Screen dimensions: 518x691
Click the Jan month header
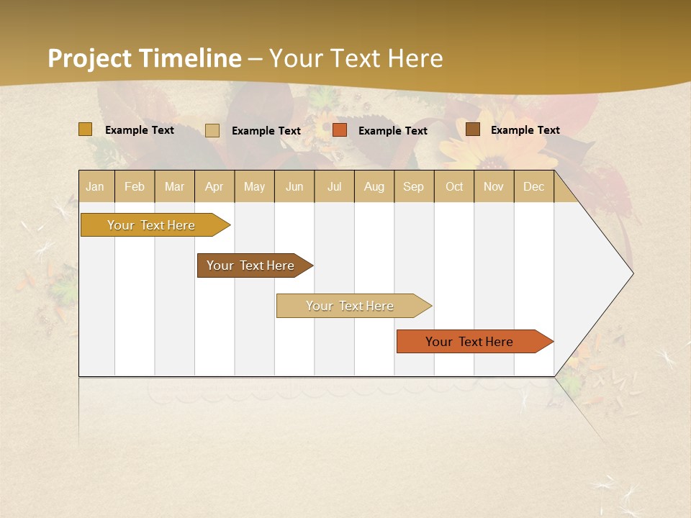point(95,186)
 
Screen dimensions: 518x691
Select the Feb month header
point(135,186)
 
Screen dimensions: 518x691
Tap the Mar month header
point(174,186)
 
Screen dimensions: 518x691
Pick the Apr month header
point(214,186)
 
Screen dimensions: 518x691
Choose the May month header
point(254,186)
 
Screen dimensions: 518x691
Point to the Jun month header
point(294,186)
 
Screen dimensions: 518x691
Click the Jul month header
point(334,186)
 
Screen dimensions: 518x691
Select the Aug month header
point(374,186)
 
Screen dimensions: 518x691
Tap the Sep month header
point(413,186)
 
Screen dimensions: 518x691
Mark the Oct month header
point(454,186)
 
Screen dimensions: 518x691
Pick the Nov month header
point(494,186)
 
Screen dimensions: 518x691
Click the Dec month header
point(533,186)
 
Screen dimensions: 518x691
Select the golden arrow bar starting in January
point(152,225)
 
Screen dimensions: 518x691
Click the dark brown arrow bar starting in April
point(251,265)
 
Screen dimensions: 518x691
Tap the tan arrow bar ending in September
point(351,306)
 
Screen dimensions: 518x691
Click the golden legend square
point(86,129)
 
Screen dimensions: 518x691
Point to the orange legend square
point(340,130)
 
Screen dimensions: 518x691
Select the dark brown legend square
point(472,129)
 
